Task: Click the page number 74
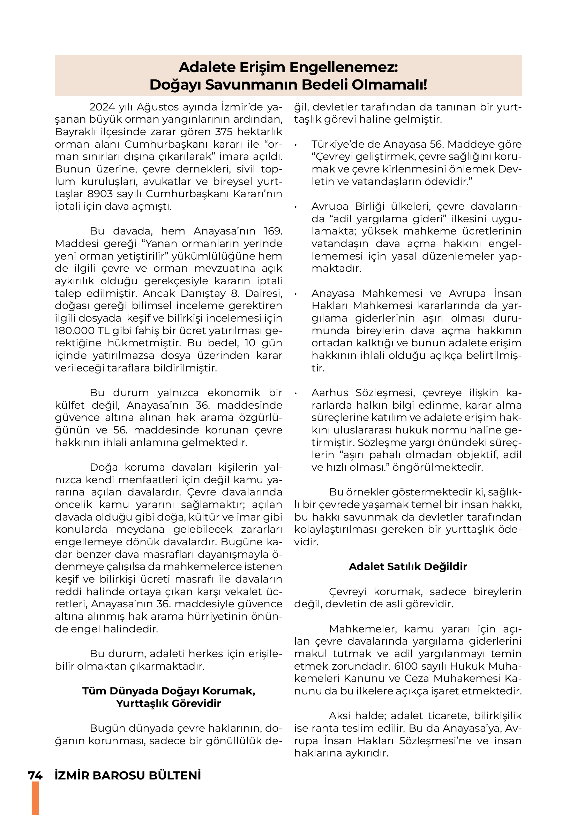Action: pyautogui.click(x=35, y=776)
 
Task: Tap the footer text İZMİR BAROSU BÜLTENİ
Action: pyautogui.click(x=128, y=776)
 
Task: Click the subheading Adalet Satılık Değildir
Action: pyautogui.click(x=408, y=567)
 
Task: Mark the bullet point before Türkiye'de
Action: pyautogui.click(x=296, y=145)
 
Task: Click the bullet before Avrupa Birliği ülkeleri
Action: pyautogui.click(x=296, y=207)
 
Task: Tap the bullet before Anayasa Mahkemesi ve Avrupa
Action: pyautogui.click(x=296, y=294)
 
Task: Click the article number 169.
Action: pyautogui.click(x=272, y=231)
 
